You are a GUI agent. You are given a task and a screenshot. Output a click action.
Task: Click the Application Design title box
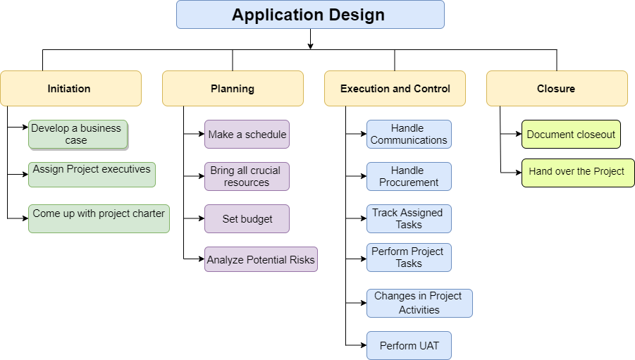tap(310, 15)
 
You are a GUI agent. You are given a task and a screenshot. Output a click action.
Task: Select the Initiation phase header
tap(70, 89)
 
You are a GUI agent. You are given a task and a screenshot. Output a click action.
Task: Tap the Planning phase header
tap(233, 89)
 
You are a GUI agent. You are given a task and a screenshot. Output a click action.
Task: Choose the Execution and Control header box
tap(395, 89)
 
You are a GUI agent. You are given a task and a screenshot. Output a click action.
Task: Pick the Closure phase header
tap(557, 89)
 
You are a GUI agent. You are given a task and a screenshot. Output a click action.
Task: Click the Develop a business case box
tap(78, 134)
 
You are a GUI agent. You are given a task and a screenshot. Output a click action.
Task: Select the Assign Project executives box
tap(92, 174)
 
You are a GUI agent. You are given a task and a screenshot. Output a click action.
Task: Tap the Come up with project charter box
tap(99, 218)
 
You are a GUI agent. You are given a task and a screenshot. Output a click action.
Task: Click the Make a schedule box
tap(247, 134)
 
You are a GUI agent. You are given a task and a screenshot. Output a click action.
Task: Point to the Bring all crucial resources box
tap(247, 176)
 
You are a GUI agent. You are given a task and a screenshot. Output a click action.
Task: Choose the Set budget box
tap(247, 218)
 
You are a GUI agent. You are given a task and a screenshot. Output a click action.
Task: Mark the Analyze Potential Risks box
tap(261, 259)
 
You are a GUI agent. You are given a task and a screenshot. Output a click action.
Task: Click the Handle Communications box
tap(409, 134)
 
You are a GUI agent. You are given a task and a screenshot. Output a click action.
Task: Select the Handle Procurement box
tap(409, 176)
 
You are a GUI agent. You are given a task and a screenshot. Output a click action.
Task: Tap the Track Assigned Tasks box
tap(409, 218)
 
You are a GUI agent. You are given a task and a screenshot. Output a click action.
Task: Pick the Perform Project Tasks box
tap(409, 257)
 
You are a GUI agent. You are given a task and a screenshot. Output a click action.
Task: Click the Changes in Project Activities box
tap(419, 303)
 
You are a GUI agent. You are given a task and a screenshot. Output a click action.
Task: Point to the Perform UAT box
tap(409, 345)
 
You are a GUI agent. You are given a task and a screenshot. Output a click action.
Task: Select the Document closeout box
tap(571, 134)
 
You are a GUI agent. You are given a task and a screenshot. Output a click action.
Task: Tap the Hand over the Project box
tap(578, 173)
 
